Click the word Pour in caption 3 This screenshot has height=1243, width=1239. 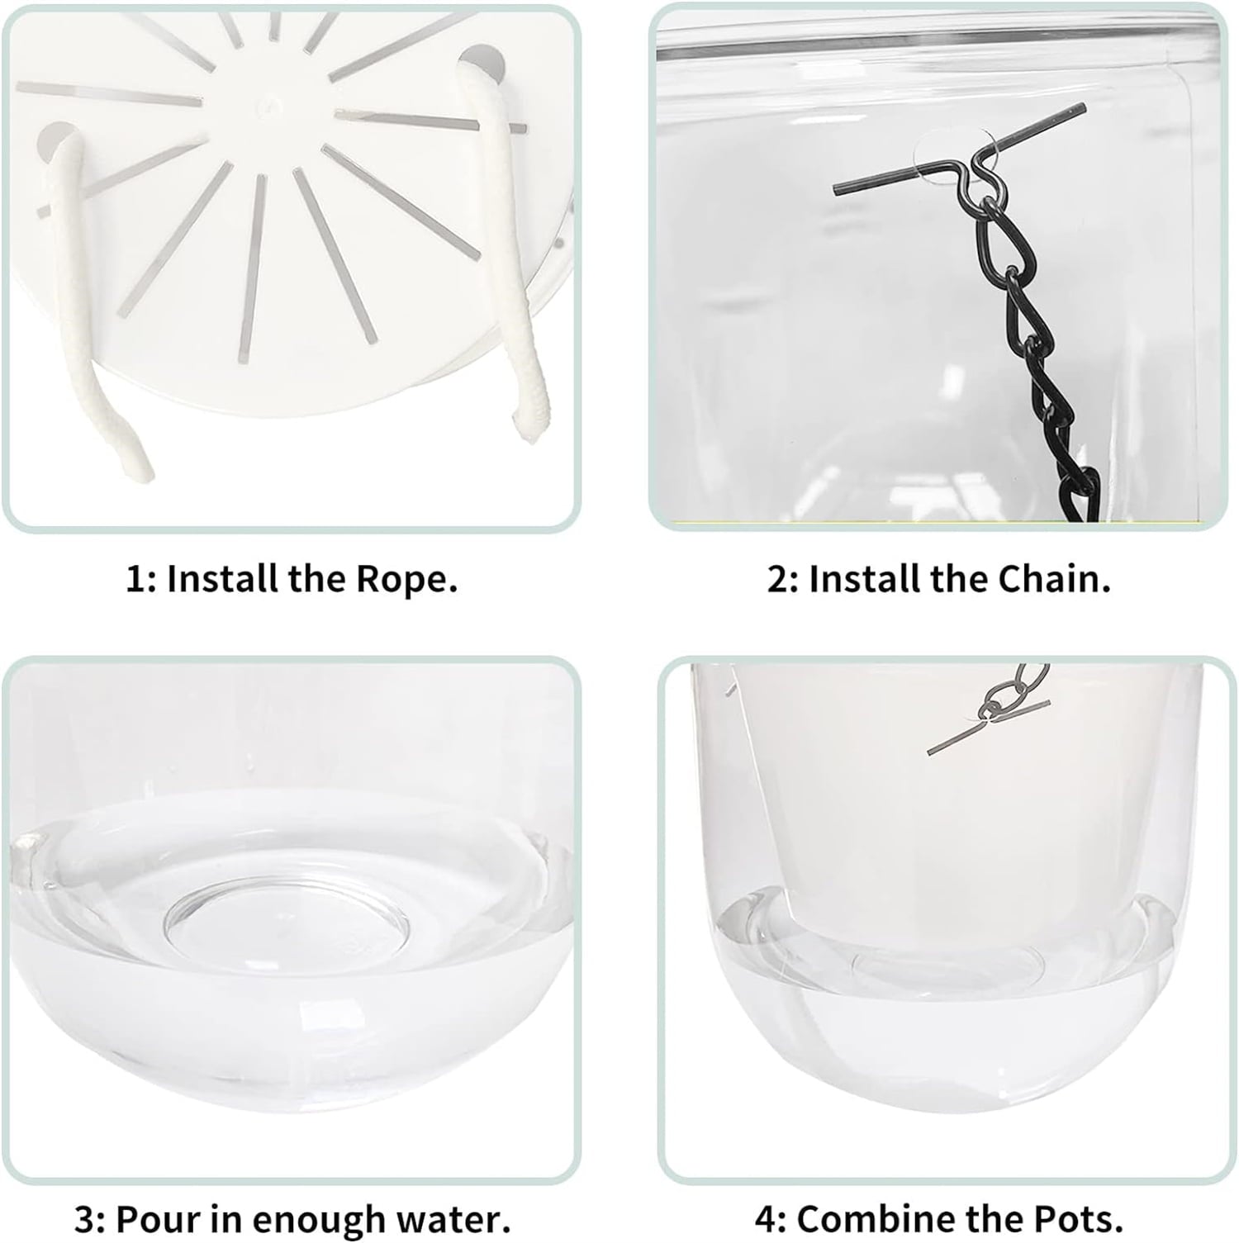click(151, 1219)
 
